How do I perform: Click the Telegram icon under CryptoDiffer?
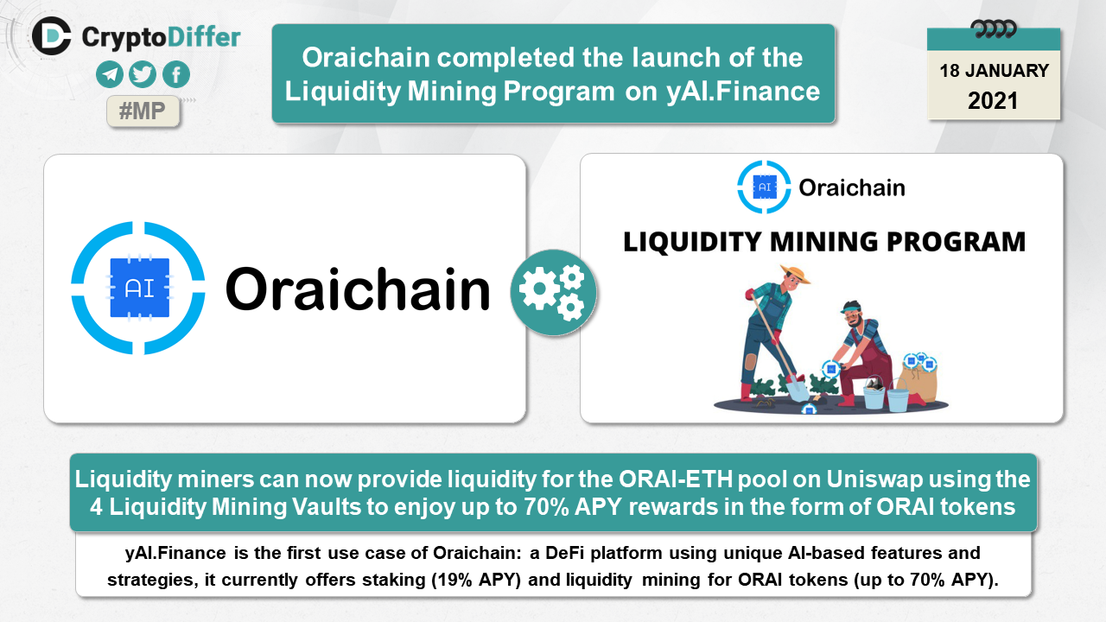point(110,74)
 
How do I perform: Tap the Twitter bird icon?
point(143,74)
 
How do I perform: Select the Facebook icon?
point(176,74)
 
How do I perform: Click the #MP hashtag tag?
point(143,111)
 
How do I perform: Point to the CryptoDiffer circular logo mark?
point(51,36)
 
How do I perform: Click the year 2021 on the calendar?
point(993,101)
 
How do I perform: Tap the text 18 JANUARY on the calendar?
point(994,71)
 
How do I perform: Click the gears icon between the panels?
point(554,293)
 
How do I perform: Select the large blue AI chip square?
point(140,288)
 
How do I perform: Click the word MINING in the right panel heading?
point(823,242)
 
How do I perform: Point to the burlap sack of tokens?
point(918,380)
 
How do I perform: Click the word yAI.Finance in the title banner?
point(743,92)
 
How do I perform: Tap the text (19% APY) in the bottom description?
point(476,580)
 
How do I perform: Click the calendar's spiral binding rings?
point(994,29)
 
